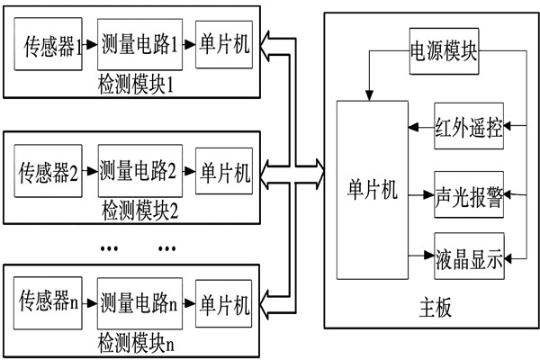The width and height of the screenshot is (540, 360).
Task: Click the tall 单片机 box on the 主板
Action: pyautogui.click(x=371, y=191)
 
